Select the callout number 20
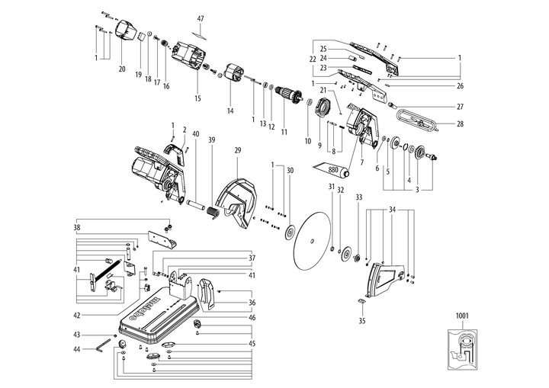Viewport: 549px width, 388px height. [121, 69]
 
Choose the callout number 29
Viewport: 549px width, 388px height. [237, 152]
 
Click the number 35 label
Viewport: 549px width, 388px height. [361, 321]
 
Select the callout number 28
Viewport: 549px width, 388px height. [460, 123]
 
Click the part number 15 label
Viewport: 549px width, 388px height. [197, 98]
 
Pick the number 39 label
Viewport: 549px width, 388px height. [211, 139]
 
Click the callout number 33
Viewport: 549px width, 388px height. [358, 197]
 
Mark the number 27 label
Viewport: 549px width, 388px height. [460, 107]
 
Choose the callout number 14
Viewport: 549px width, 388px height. [230, 111]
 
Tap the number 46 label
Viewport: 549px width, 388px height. [252, 317]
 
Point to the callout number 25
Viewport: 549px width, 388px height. [323, 48]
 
